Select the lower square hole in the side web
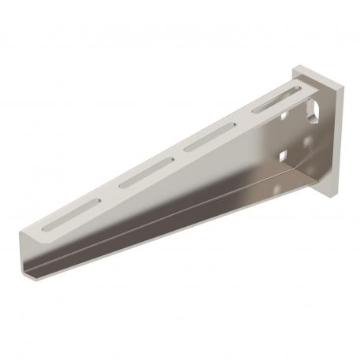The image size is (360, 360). pyautogui.click(x=281, y=154)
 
